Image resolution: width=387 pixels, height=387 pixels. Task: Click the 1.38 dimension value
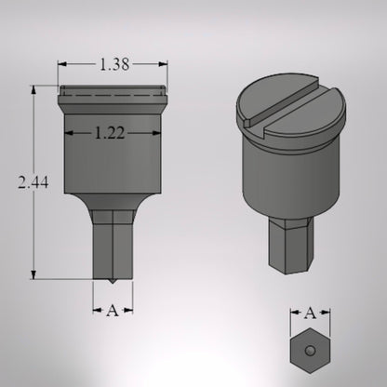tap(113, 65)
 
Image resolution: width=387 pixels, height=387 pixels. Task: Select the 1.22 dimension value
tap(113, 133)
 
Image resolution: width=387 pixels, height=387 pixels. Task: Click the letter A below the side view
tap(113, 310)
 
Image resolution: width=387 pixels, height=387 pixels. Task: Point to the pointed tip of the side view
tap(113, 281)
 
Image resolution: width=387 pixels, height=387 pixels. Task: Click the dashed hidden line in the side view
tap(113, 96)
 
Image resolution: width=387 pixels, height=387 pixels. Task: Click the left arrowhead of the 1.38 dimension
tap(62, 65)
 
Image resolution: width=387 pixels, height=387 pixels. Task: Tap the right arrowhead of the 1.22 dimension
tap(156, 133)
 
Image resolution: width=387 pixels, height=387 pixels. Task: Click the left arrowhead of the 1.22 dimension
tap(69, 133)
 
